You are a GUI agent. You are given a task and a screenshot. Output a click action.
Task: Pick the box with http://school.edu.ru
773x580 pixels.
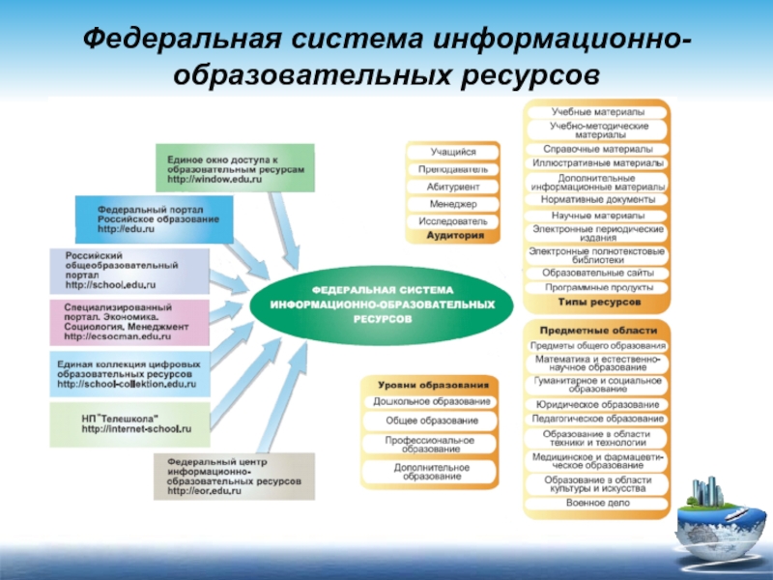[x=129, y=272]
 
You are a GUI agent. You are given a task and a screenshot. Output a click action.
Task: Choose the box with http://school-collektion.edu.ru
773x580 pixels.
[x=129, y=373]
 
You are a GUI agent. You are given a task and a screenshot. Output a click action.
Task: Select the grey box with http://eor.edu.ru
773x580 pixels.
[x=233, y=477]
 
